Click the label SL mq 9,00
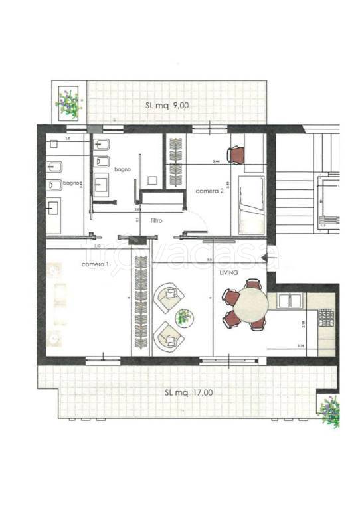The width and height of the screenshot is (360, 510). [167, 105]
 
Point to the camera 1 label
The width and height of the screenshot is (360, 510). [94, 264]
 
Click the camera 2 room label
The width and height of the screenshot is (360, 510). [208, 191]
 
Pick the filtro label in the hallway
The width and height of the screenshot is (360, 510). [157, 220]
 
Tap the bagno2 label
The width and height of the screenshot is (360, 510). [72, 183]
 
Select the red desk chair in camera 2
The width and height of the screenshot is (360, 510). [236, 154]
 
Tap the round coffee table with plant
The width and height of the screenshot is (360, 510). [184, 317]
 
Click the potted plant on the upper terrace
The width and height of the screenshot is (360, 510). [68, 102]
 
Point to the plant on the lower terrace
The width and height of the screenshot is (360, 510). [330, 410]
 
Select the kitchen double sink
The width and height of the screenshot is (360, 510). [289, 301]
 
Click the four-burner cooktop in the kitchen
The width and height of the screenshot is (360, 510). [327, 318]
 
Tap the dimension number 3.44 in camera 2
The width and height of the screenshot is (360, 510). [216, 161]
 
